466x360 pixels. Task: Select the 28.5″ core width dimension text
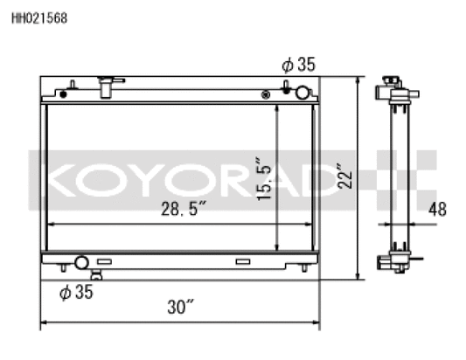tap(184, 209)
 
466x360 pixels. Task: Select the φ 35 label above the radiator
tap(298, 64)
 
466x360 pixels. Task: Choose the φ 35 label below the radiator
tap(75, 292)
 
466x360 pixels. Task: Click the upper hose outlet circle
tap(303, 93)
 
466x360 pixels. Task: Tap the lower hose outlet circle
tap(81, 262)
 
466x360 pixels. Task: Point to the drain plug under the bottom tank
tap(96, 276)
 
